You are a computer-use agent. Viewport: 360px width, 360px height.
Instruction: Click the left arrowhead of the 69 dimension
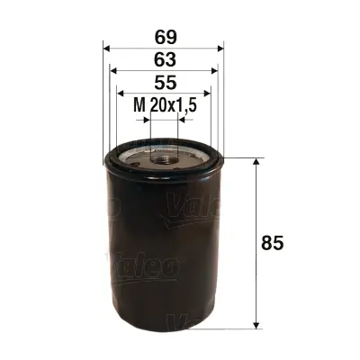tap(107, 47)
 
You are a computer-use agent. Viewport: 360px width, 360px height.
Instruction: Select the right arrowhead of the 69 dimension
tap(220, 47)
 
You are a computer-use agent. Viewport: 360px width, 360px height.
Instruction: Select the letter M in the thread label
tap(139, 107)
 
